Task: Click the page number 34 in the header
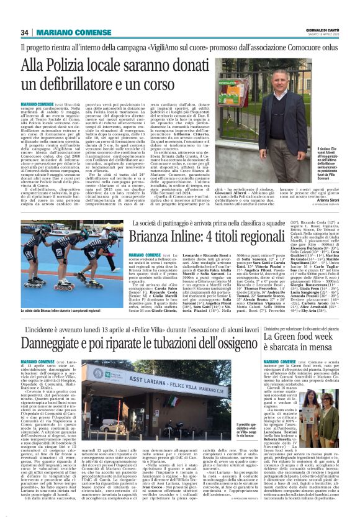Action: tap(25, 32)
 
